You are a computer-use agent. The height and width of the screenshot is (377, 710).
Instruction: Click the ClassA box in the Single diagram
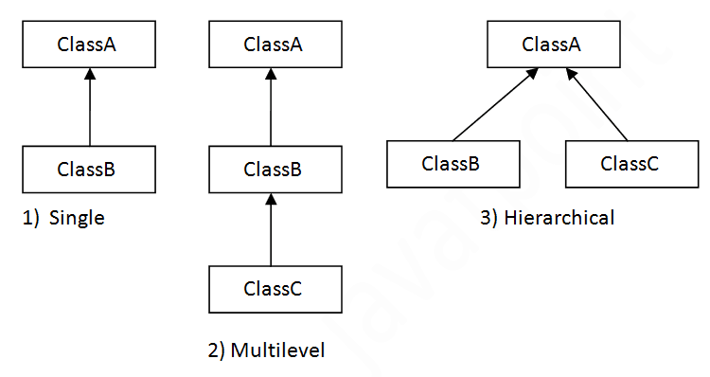point(87,44)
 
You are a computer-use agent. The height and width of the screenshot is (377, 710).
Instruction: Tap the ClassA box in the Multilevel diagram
point(273,44)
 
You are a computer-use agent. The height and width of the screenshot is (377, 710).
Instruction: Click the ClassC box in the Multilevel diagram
point(273,289)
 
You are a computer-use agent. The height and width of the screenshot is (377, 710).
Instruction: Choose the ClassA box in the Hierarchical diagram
point(551,44)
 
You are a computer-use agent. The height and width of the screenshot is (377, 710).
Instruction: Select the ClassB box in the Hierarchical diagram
point(452,163)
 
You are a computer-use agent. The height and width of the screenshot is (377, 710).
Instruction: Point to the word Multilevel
point(277,351)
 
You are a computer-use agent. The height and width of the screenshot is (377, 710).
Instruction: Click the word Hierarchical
point(559,219)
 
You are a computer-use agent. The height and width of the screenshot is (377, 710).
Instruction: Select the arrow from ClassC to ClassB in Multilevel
point(272,230)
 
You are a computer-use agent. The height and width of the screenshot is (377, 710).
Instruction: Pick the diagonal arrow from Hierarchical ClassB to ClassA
point(494,106)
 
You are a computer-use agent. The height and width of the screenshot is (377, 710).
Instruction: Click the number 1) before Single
point(30,219)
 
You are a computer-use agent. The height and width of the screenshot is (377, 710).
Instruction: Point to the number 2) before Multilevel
point(216,351)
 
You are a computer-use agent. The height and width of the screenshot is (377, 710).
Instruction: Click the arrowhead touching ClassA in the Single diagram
point(88,75)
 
